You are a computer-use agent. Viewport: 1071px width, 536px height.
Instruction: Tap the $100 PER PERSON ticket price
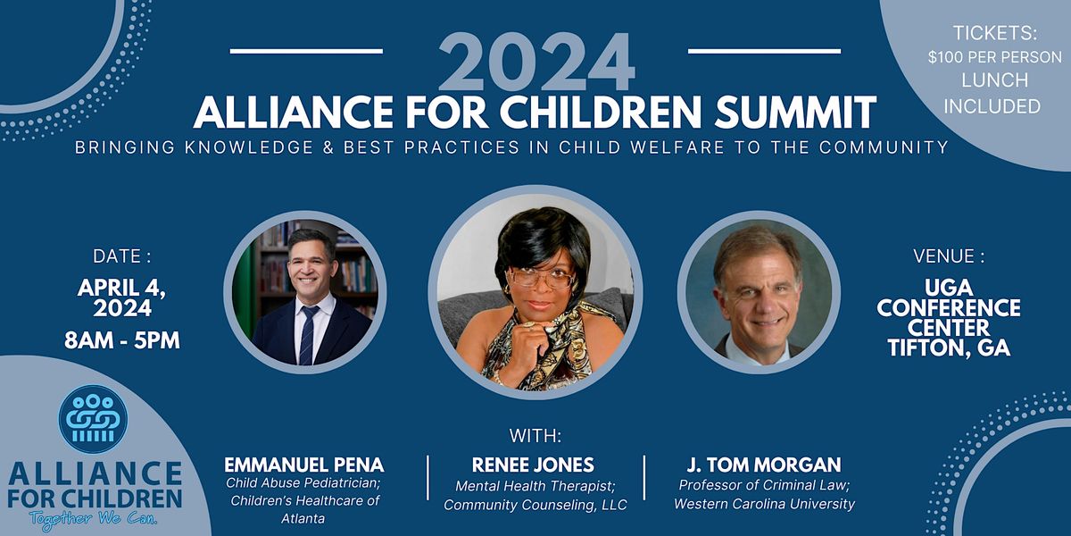pos(994,57)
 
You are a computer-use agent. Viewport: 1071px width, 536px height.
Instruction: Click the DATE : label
pos(122,256)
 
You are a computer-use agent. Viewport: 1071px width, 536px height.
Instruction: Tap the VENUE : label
pos(949,256)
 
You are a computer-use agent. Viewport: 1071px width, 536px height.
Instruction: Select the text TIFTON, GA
pos(949,348)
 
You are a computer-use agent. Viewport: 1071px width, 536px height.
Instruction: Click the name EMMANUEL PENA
pos(304,465)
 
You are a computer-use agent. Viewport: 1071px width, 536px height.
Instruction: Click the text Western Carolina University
pos(764,504)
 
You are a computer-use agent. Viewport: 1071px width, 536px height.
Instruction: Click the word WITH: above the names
pos(535,436)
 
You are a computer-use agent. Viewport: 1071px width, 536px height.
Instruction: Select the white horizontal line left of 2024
pos(306,50)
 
